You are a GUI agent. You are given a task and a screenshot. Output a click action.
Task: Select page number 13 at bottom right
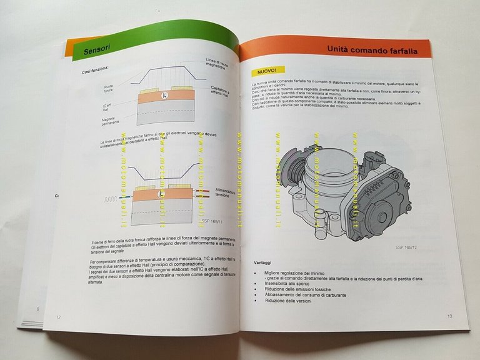(x=449, y=316)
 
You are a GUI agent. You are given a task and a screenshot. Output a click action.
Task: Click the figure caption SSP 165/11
(x=213, y=221)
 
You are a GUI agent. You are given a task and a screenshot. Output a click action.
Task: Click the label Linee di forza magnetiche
(x=219, y=64)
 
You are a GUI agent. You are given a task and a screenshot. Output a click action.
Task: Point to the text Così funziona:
(x=95, y=71)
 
